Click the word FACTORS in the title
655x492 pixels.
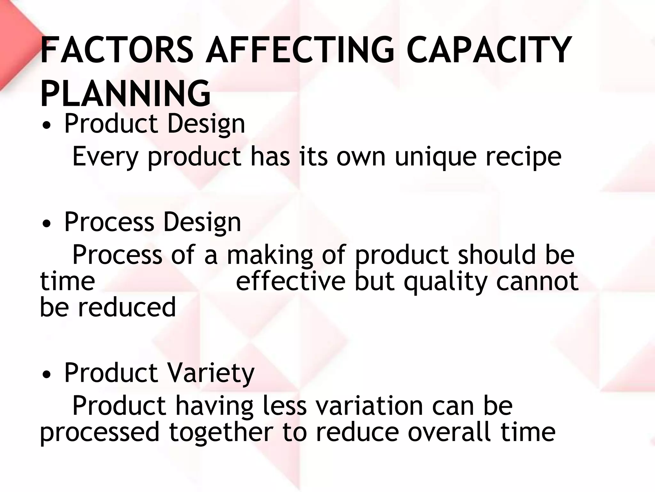117,50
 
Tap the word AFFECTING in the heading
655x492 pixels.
300,50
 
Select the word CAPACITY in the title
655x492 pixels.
489,50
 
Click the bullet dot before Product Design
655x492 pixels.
47,126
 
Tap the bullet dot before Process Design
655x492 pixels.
47,224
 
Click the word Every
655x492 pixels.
105,157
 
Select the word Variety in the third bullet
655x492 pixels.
211,373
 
